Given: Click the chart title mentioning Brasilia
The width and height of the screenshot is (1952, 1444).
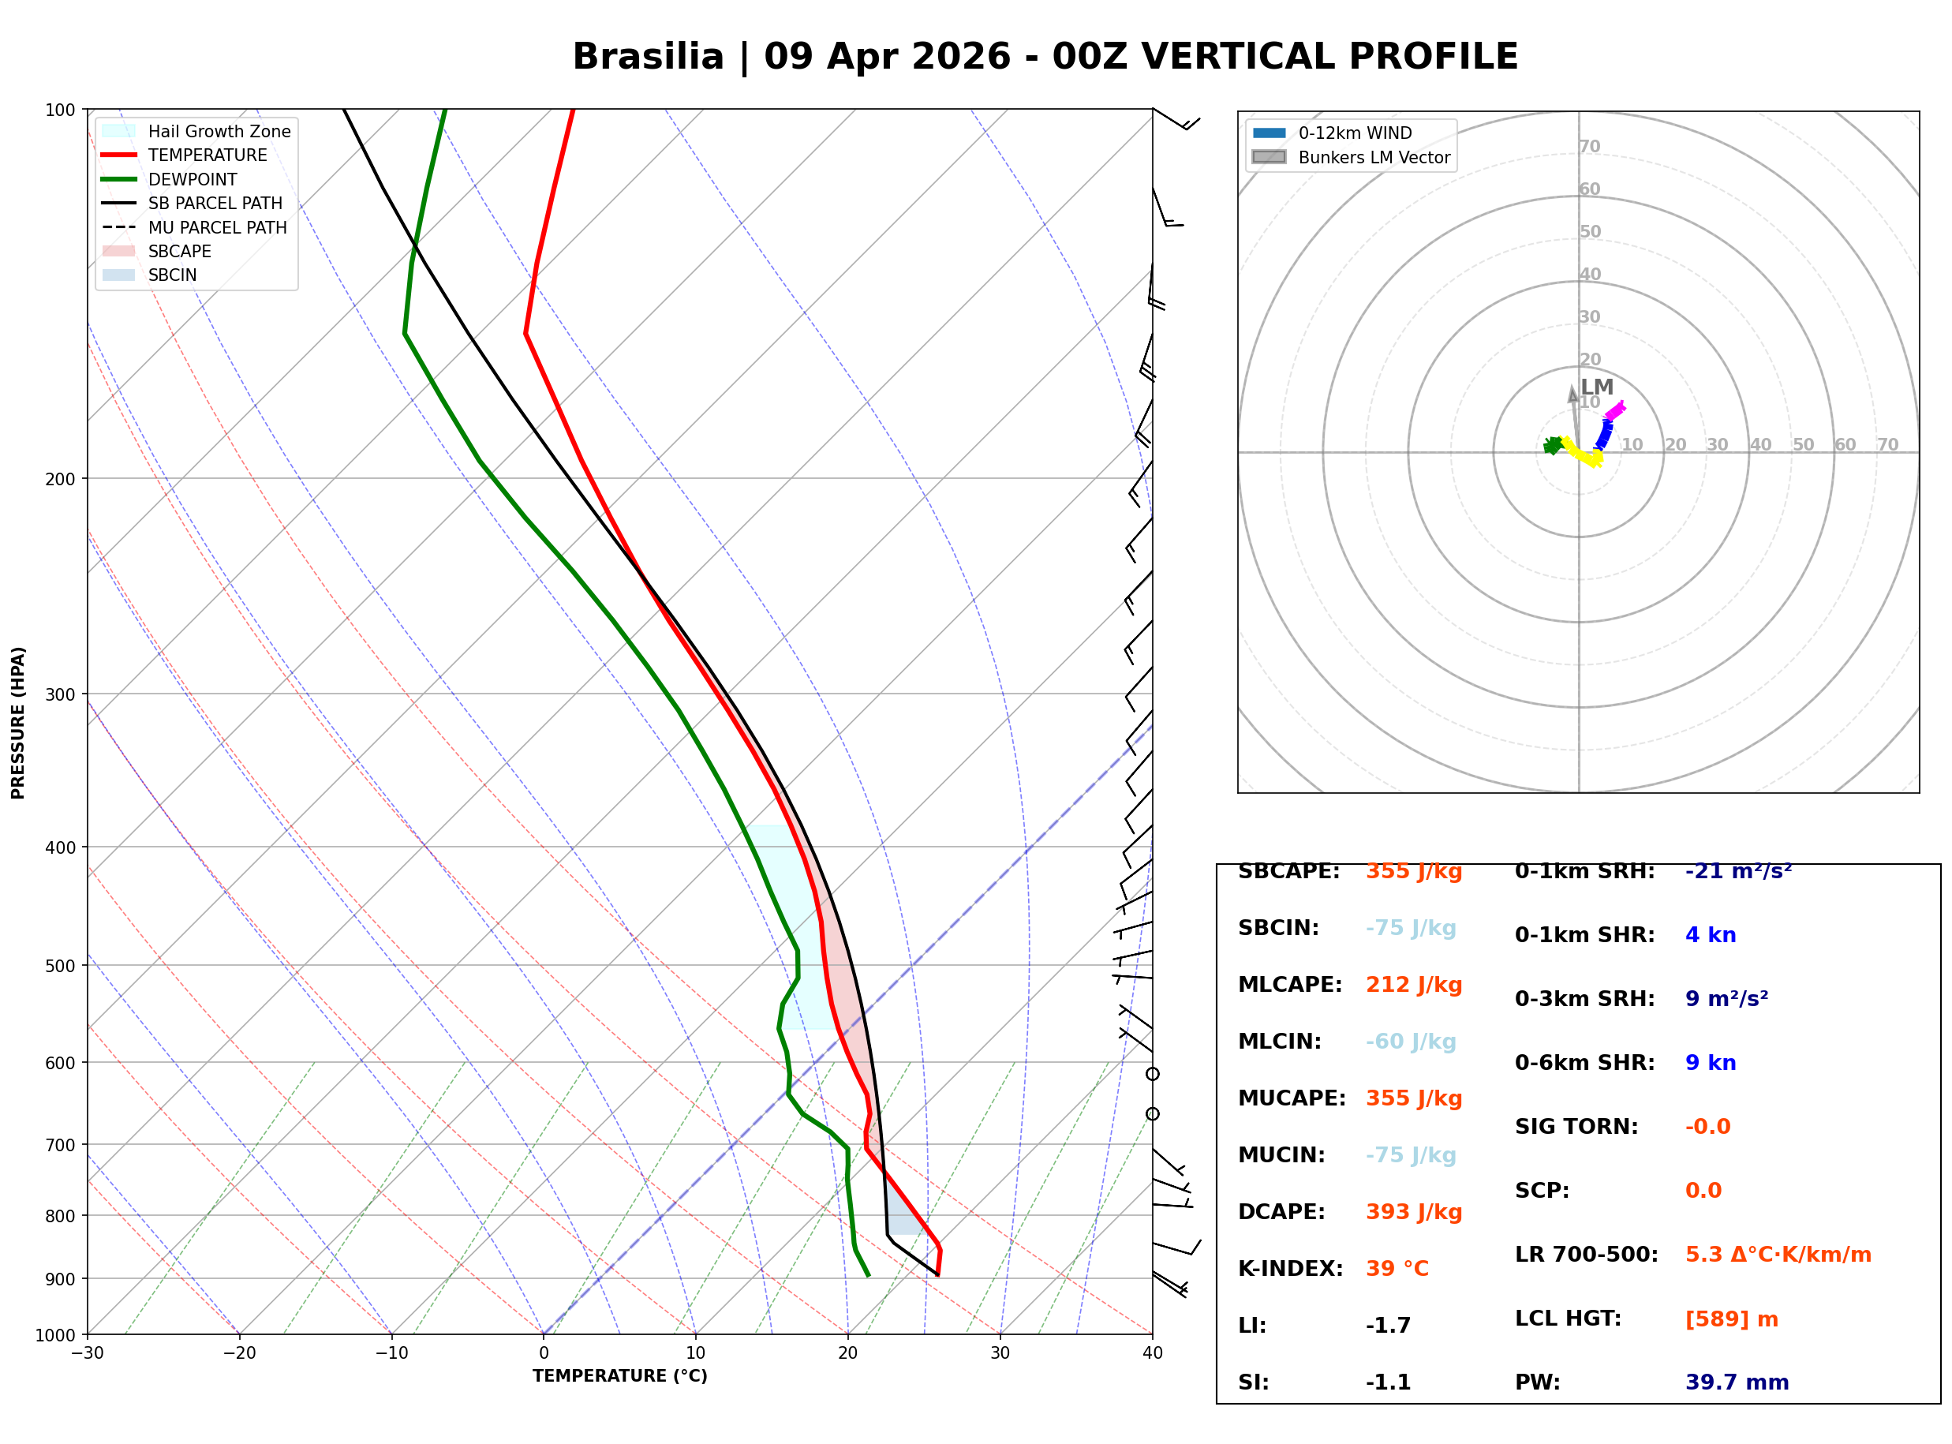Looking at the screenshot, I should (x=1044, y=57).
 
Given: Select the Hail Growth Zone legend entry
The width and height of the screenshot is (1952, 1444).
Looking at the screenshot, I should (x=219, y=131).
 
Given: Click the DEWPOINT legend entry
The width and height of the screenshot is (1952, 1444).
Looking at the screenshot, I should (x=193, y=179).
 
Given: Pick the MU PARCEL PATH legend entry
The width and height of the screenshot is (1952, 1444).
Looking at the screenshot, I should (x=217, y=227).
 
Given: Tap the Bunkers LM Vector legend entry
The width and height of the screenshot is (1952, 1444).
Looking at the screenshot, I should (x=1373, y=157).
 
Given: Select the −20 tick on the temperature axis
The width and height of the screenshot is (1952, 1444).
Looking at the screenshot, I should (x=239, y=1353).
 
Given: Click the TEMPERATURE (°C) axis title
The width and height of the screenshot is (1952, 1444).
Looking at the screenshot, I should (x=619, y=1376).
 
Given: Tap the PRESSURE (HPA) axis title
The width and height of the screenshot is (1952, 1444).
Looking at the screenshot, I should (x=18, y=723).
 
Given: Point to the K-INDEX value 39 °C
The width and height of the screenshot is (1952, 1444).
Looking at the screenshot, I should (x=1397, y=1269).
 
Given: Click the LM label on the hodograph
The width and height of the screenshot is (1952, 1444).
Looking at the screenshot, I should (x=1596, y=387).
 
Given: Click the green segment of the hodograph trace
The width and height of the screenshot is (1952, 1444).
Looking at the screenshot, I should (x=1553, y=446).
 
